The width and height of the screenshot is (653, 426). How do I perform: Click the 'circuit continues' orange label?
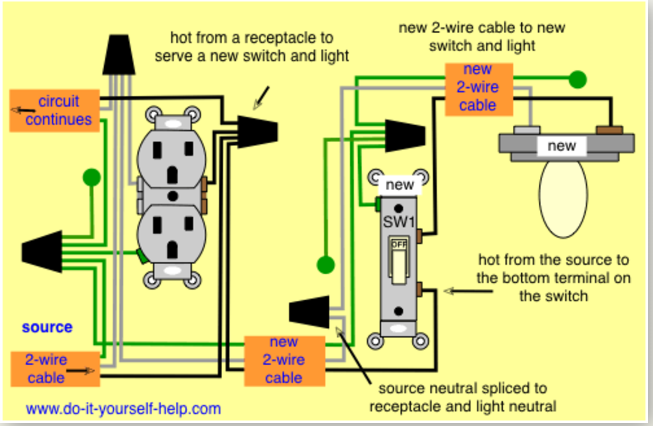click(x=55, y=111)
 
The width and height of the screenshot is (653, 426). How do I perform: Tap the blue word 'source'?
click(x=47, y=327)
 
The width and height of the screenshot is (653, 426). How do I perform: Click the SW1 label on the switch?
click(x=399, y=222)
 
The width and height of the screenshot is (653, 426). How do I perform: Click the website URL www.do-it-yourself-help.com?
click(x=123, y=408)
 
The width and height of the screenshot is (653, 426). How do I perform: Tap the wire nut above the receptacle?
click(x=119, y=54)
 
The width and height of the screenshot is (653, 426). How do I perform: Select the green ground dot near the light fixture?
click(x=577, y=79)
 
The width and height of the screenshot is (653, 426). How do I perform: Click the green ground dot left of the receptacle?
click(x=91, y=177)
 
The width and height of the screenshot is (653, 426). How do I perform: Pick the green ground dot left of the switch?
click(x=326, y=265)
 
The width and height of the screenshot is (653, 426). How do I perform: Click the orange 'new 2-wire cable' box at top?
click(x=479, y=89)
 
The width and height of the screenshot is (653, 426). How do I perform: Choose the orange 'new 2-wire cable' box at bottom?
click(x=284, y=361)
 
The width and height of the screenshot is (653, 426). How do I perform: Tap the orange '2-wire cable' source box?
click(x=55, y=369)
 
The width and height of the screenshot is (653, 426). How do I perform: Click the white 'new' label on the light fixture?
click(x=562, y=146)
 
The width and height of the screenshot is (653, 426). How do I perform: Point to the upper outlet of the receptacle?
click(x=172, y=159)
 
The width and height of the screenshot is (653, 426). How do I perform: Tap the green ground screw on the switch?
click(x=378, y=204)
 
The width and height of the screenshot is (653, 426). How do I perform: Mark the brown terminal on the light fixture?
click(x=609, y=130)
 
